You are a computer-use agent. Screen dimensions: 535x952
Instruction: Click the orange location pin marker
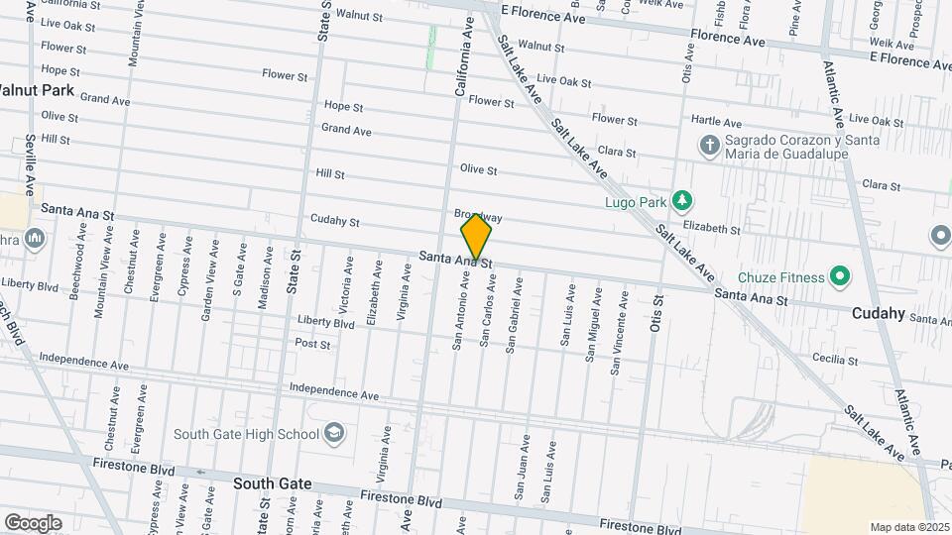[476, 236]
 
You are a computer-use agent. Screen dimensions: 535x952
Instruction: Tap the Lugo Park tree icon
[681, 201]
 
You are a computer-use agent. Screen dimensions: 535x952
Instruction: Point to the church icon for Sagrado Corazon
[709, 147]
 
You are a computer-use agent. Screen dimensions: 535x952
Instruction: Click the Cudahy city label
[878, 313]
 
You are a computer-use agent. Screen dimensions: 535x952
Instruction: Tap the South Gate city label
[273, 484]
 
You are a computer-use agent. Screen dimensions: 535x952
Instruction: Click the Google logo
[33, 522]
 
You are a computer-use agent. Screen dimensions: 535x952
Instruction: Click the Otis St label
[656, 314]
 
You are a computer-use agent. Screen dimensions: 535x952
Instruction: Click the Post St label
[312, 344]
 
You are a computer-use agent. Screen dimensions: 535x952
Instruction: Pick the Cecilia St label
[834, 359]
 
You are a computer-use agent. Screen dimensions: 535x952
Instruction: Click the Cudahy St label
[334, 221]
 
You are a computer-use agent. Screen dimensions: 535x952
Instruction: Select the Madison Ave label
[265, 279]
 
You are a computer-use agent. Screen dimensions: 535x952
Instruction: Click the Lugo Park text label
[635, 202]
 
